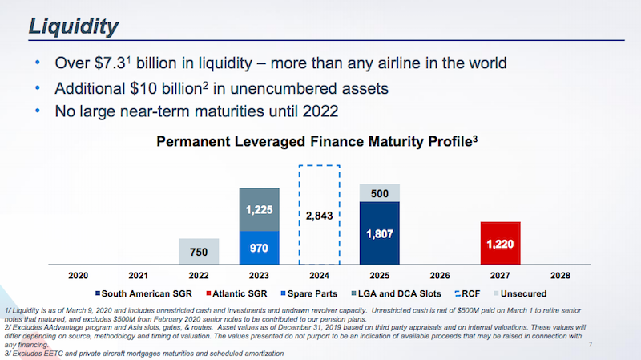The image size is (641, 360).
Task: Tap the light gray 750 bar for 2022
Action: tap(199, 252)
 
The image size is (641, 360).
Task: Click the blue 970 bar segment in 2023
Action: tap(260, 248)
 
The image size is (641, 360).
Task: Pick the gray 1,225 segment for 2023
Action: tap(260, 209)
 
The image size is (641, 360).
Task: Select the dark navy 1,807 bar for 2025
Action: tap(380, 233)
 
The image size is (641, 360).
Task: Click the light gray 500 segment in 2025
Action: tap(380, 192)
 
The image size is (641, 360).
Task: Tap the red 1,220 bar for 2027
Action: tap(500, 244)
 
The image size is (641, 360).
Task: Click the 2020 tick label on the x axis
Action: tap(79, 275)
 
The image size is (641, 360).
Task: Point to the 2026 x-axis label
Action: tap(440, 275)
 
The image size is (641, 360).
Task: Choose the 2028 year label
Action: tap(560, 275)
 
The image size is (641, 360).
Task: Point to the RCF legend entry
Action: tap(468, 293)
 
